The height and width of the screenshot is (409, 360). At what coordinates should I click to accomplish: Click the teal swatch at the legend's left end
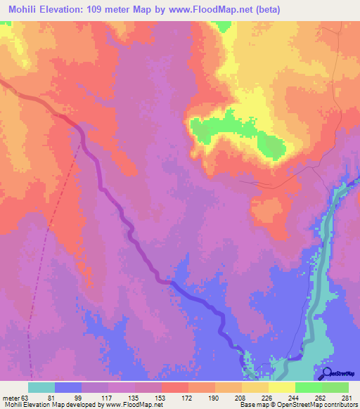pyautogui.click(x=41, y=387)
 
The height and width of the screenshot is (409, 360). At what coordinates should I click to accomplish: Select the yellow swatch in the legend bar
pyautogui.click(x=281, y=387)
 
